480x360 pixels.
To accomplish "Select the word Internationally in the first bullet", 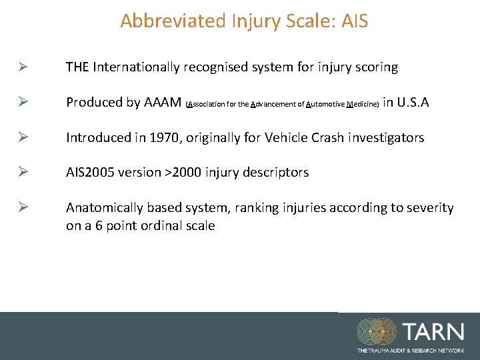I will click(137, 67).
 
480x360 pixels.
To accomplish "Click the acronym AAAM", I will click(162, 102).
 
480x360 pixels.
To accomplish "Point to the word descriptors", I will click(275, 172).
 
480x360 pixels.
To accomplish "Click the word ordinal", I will click(159, 225).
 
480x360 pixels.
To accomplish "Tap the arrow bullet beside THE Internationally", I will click(22, 67).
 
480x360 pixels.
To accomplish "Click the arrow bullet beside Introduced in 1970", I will click(22, 137).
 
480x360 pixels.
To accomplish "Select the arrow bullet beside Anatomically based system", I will click(22, 208).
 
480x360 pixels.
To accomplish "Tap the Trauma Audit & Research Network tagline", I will click(410, 350).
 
